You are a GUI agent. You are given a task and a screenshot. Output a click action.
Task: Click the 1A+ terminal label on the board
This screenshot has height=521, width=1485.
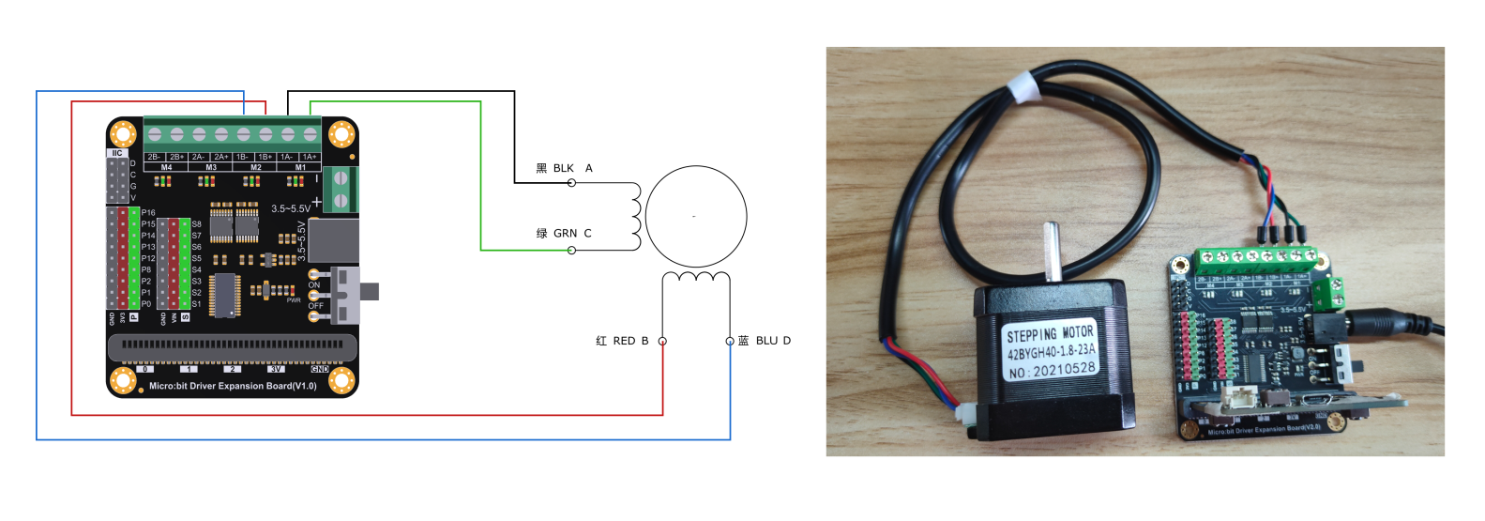[310, 157]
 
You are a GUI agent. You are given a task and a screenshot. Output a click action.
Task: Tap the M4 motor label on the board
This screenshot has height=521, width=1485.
[166, 167]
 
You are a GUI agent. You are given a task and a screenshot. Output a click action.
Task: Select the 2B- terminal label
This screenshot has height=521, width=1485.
[154, 157]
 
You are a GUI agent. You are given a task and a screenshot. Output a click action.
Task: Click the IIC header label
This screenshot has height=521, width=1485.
[117, 153]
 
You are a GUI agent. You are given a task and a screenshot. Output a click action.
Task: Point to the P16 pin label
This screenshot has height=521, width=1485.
[148, 213]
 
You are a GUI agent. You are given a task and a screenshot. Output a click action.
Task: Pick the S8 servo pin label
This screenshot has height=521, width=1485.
[196, 224]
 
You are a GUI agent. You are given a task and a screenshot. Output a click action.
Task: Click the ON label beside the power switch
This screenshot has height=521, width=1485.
[314, 285]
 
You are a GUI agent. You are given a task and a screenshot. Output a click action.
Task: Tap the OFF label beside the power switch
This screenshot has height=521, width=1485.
[315, 306]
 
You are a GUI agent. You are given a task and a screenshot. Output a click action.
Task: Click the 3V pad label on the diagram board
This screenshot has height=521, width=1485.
[276, 370]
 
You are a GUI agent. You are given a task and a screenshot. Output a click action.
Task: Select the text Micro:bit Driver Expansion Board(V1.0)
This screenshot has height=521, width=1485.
[233, 386]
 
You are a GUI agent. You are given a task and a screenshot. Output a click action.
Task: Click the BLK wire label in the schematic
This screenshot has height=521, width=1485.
[563, 169]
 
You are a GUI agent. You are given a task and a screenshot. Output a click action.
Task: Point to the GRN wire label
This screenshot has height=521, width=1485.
[565, 234]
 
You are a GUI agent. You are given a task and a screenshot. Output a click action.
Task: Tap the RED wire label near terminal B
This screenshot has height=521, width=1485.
[624, 341]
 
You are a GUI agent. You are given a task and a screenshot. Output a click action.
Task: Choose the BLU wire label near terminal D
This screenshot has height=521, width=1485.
[766, 341]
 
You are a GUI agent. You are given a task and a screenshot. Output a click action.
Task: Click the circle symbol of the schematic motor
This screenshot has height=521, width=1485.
[695, 216]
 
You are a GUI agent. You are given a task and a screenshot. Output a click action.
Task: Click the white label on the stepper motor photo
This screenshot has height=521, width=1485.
[1051, 352]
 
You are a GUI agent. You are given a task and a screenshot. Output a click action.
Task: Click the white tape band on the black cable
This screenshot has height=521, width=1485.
[1023, 89]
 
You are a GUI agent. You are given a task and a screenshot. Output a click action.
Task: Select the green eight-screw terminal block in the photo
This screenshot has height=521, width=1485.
[1254, 257]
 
